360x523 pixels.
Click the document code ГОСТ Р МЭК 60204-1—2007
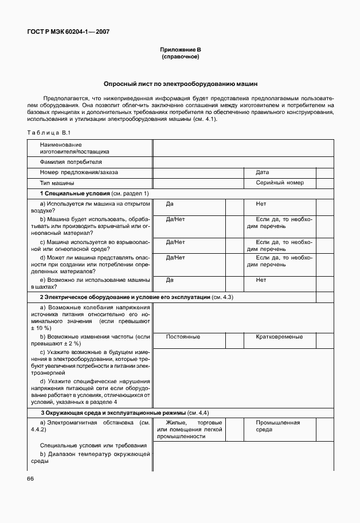point(68,32)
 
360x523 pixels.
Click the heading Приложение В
point(180,51)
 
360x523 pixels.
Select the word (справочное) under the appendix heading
point(180,58)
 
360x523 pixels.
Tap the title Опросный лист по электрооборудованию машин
point(180,83)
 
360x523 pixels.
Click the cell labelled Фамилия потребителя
point(66,162)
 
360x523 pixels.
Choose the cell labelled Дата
point(263,172)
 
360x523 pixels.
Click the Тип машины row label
point(56,183)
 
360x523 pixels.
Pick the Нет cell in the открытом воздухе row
point(261,204)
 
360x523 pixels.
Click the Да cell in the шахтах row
point(170,280)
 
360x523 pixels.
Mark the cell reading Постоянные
point(183,337)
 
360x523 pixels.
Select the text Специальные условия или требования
point(93,445)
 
